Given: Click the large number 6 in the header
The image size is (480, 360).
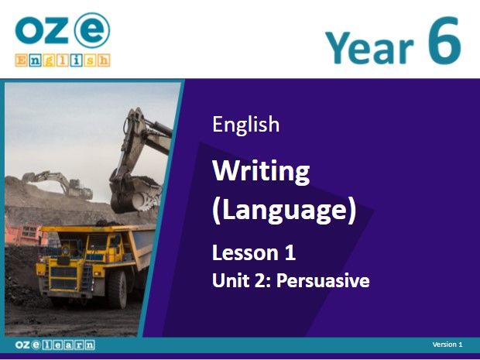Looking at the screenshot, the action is point(444,40).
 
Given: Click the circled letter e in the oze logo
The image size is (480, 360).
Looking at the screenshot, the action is point(92,30).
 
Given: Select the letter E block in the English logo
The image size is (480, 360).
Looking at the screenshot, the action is point(21,60).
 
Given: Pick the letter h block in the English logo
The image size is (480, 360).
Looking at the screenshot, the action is point(104,60).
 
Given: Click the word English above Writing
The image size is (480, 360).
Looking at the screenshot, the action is point(246,125).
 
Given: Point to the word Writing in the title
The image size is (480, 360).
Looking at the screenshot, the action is point(261,171).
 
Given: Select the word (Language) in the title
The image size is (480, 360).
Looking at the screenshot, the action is point(284,210).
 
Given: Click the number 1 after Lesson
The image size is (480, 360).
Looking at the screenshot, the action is point(290,253).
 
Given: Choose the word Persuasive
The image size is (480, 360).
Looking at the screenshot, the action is point(323,280).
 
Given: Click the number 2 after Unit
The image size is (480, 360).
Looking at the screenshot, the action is point(264,280).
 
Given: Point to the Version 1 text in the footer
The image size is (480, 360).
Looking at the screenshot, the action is point(447,345).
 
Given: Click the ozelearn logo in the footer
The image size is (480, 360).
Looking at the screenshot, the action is point(55,345).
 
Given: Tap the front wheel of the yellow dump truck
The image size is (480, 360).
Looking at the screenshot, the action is point(118,288).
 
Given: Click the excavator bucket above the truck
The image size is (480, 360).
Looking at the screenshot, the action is point(135,194).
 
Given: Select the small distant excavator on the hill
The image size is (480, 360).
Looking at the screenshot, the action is point(58,183).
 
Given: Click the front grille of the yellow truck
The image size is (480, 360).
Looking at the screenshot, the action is point(63,278).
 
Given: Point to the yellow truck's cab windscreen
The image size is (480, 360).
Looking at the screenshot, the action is point(98,242).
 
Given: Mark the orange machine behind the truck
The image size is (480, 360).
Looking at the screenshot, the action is point(25,235).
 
